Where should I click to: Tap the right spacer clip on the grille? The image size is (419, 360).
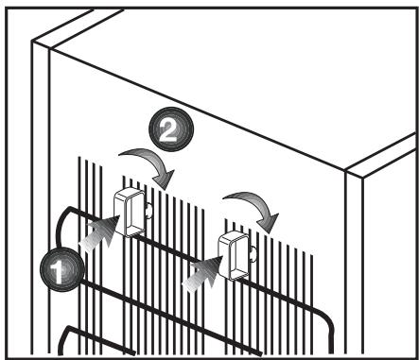coord(235,253)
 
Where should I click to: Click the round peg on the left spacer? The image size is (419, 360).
coord(148,213)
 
